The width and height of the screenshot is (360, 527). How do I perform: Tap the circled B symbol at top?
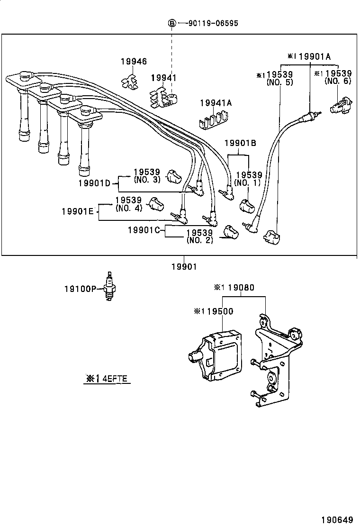pyautogui.click(x=172, y=23)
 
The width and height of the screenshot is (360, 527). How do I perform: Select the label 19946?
pyautogui.click(x=134, y=61)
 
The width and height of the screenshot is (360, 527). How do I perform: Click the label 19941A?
pyautogui.click(x=216, y=103)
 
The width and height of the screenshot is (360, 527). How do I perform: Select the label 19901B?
pyautogui.click(x=240, y=142)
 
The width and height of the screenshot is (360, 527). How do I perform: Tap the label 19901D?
pyautogui.click(x=94, y=182)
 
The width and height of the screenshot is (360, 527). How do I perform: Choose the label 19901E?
pyautogui.click(x=78, y=211)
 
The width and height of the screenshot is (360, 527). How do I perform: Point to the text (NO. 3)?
pyautogui.click(x=147, y=180)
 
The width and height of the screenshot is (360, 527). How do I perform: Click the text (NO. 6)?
pyautogui.click(x=338, y=82)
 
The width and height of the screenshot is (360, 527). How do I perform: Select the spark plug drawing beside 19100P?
pyautogui.click(x=110, y=287)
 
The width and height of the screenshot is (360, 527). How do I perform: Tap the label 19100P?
pyautogui.click(x=80, y=288)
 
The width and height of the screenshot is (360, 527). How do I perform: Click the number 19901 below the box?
pyautogui.click(x=183, y=267)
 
